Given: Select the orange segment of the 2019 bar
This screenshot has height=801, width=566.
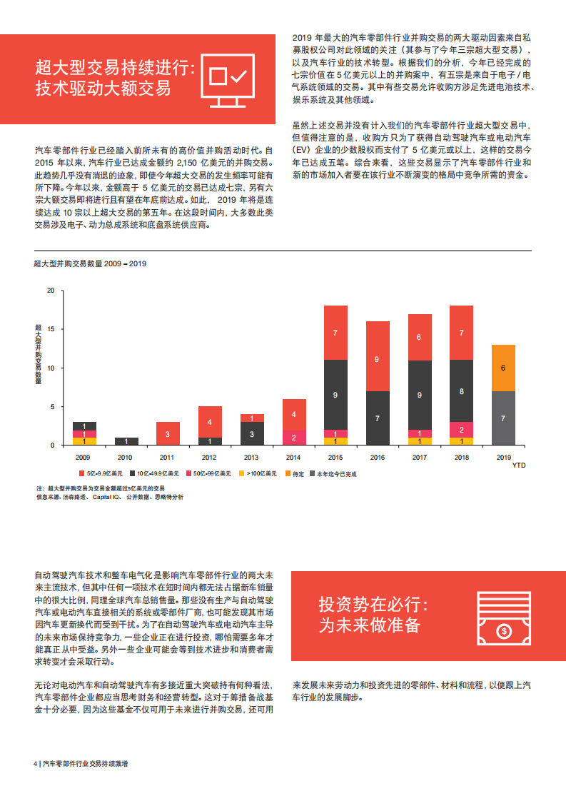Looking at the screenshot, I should [503, 368].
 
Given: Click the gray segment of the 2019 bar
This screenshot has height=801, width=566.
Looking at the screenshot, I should [503, 418].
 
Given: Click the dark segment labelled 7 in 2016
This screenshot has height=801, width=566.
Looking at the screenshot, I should [378, 418].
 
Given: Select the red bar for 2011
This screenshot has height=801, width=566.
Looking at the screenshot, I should [168, 433].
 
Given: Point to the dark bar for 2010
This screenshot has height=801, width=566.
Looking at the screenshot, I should [126, 441].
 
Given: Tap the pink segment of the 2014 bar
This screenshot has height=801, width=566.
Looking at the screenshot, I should [294, 437].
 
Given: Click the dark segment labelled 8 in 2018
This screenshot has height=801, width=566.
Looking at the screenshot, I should [461, 391].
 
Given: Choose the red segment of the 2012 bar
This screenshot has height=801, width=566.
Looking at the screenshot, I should [210, 421].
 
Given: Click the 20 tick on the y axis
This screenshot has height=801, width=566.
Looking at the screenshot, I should [50, 291].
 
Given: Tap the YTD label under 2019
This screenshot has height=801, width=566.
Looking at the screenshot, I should [517, 464].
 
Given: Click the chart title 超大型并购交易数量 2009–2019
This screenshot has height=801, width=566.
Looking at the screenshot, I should [90, 263].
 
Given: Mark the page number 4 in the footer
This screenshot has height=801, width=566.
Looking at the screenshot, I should [35, 763].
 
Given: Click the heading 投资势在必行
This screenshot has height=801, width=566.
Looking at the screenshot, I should [373, 605].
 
